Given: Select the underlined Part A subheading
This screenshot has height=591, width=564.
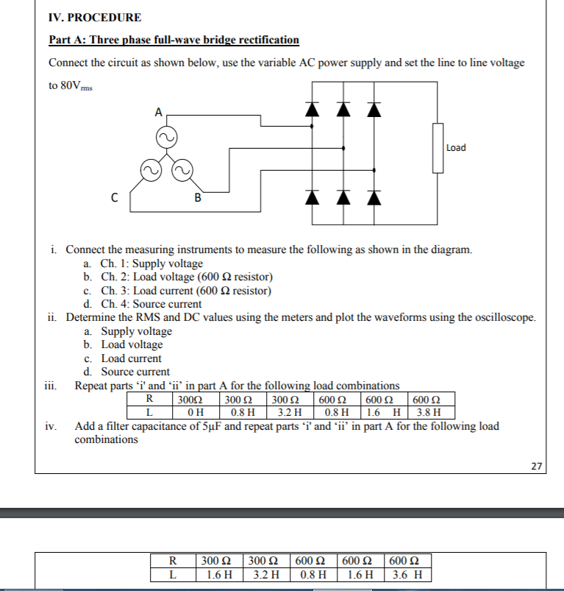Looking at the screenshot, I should (x=174, y=40).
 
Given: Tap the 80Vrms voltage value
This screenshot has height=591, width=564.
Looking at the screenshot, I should (x=71, y=86).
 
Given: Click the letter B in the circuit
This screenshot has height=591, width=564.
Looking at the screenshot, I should (x=197, y=197).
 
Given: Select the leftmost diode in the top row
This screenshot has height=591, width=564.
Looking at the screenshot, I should (x=313, y=110).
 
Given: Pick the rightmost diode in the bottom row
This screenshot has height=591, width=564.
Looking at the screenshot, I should (x=375, y=197).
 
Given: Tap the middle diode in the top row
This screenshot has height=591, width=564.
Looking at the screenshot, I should (x=343, y=110).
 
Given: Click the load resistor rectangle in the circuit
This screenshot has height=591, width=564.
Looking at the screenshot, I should (x=438, y=148).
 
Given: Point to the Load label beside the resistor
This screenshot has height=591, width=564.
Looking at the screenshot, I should (x=456, y=148).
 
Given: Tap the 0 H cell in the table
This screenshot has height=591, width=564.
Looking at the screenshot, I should (x=196, y=412).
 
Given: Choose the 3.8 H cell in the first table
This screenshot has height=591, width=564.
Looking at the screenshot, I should (x=428, y=412).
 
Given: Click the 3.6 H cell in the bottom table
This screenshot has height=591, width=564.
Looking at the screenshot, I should (x=407, y=575).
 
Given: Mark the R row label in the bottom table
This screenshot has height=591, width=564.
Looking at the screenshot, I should (x=172, y=562).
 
